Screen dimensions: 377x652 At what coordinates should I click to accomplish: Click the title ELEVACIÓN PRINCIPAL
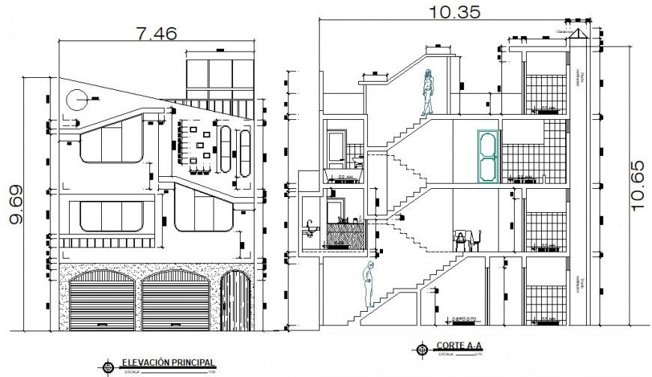pyautogui.click(x=163, y=362)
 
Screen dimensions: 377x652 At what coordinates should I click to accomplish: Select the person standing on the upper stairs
pyautogui.click(x=428, y=92)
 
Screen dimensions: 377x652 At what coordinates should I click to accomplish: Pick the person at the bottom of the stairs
pyautogui.click(x=366, y=286)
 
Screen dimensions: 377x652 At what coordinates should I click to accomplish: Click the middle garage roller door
pyautogui.click(x=176, y=299)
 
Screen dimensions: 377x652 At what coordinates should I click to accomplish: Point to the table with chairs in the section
pyautogui.click(x=467, y=241)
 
